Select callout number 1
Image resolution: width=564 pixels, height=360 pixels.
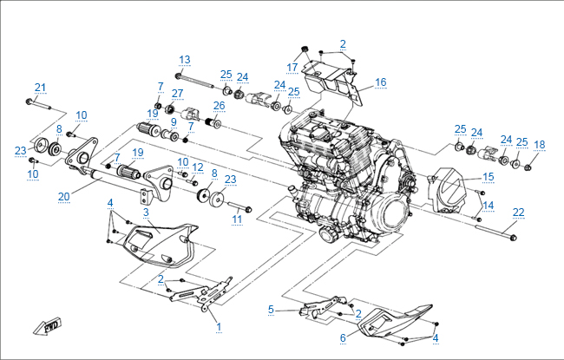point(219,327)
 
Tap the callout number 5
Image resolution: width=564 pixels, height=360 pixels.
point(271,309)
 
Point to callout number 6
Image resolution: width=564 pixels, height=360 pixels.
point(343,337)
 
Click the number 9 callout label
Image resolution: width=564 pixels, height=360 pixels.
point(174,121)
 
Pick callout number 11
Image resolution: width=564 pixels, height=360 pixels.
point(236,220)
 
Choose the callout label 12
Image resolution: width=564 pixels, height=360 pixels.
point(198,167)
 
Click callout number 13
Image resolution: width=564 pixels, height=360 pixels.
point(185,59)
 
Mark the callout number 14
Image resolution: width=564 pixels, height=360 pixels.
point(489,206)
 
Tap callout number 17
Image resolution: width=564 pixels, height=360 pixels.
point(292,67)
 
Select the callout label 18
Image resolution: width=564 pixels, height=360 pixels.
point(540,144)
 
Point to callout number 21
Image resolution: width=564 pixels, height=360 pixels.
point(40,87)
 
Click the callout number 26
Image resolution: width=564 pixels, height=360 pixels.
point(220,106)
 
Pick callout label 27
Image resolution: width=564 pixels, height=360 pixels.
point(178,93)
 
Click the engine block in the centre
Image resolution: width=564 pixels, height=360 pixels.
point(338,173)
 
